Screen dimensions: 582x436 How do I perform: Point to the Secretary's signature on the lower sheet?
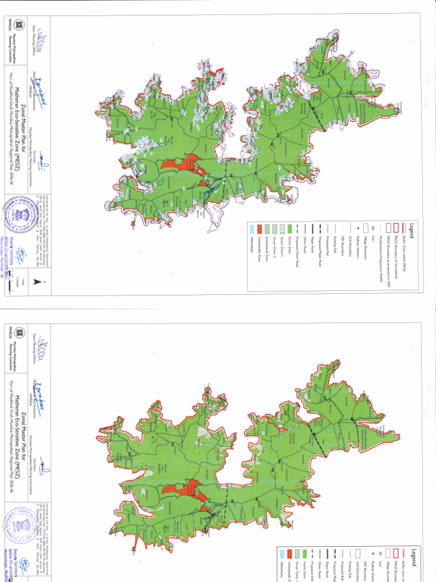point(44,469)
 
